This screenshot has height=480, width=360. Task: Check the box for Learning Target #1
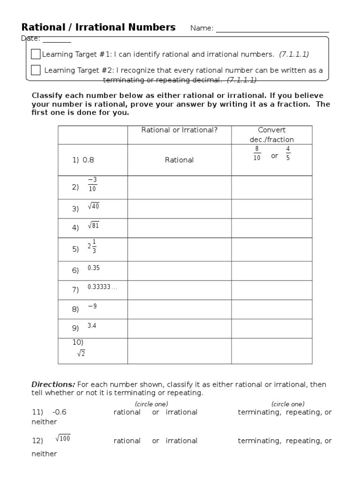point(36,54)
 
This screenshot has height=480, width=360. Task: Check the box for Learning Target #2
point(36,70)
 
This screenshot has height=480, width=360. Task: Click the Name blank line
point(272,29)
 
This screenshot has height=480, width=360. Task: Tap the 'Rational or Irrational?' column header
point(179,130)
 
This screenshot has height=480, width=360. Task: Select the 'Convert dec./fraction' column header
point(271,135)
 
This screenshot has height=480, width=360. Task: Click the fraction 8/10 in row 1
point(256,153)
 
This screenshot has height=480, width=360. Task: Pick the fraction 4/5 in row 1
point(288,153)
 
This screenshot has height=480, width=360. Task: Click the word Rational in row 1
point(179,160)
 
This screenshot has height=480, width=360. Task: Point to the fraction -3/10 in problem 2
point(92,184)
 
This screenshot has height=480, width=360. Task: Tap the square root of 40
point(94,206)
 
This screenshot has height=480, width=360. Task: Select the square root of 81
point(94,225)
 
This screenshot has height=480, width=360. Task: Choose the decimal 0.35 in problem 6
point(94,268)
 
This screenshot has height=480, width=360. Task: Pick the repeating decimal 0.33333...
point(102,287)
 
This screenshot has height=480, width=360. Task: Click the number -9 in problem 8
point(92,306)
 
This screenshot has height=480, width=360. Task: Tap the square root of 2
point(81,353)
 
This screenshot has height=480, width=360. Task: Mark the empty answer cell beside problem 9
point(179,329)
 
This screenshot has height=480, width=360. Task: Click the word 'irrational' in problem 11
point(181,412)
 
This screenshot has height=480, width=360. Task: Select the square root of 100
point(63,438)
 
